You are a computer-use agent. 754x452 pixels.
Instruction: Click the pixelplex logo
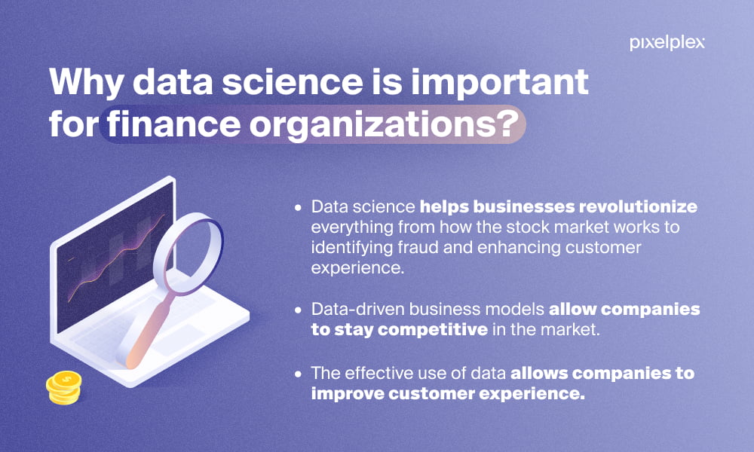pyautogui.click(x=667, y=43)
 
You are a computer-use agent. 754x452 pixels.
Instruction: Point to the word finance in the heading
pyautogui.click(x=173, y=124)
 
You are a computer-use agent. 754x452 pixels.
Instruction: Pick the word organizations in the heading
pyautogui.click(x=371, y=125)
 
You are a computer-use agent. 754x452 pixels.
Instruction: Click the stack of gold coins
pyautogui.click(x=64, y=387)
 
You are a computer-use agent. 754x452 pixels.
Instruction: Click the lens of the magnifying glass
pyautogui.click(x=188, y=253)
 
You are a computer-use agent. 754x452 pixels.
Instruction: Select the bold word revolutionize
pyautogui.click(x=638, y=206)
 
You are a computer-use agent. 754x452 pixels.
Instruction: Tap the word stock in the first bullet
pyautogui.click(x=530, y=227)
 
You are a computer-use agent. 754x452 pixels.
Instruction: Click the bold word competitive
pyautogui.click(x=433, y=330)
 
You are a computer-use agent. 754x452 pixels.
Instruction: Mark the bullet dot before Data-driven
pyautogui.click(x=299, y=310)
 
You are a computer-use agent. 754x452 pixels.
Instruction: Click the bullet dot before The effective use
pyautogui.click(x=299, y=374)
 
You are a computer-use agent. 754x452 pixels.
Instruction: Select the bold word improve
pyautogui.click(x=347, y=394)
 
